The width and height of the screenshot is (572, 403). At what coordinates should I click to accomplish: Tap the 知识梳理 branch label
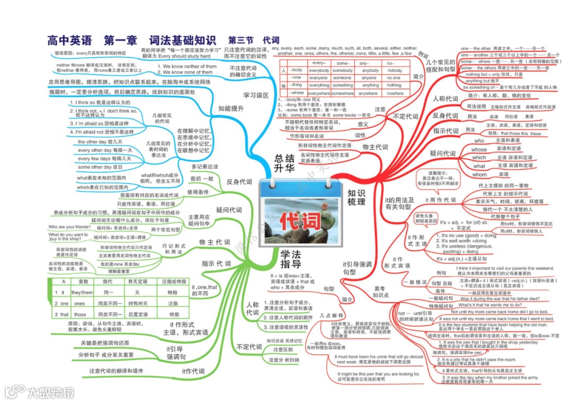(x=356, y=197)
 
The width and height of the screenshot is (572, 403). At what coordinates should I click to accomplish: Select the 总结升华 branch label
(x=284, y=163)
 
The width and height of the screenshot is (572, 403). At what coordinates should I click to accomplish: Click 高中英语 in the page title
(x=69, y=40)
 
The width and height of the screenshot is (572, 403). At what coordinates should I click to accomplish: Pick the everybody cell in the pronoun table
(x=319, y=70)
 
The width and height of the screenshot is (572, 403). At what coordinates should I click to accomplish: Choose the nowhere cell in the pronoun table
(x=394, y=93)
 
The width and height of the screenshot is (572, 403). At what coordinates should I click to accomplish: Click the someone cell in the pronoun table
(x=343, y=78)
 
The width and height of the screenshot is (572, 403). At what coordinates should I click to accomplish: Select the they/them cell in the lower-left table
(x=82, y=292)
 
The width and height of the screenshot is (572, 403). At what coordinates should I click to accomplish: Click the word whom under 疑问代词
(x=479, y=175)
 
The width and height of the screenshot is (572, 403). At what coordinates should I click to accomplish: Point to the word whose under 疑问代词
(x=479, y=150)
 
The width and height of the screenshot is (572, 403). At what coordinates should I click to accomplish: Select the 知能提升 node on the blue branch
(x=231, y=108)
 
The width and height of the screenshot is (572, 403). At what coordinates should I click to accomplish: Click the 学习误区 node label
(x=256, y=95)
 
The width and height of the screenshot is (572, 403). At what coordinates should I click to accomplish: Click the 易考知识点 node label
(x=380, y=291)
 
